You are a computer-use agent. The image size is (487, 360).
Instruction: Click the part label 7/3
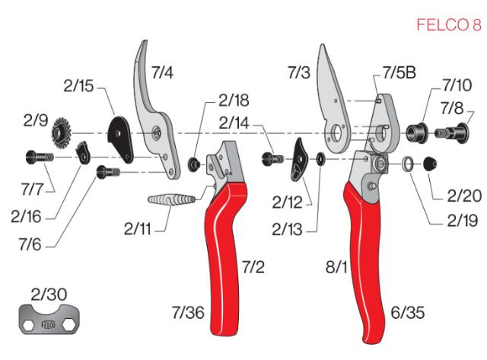[301, 74]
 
